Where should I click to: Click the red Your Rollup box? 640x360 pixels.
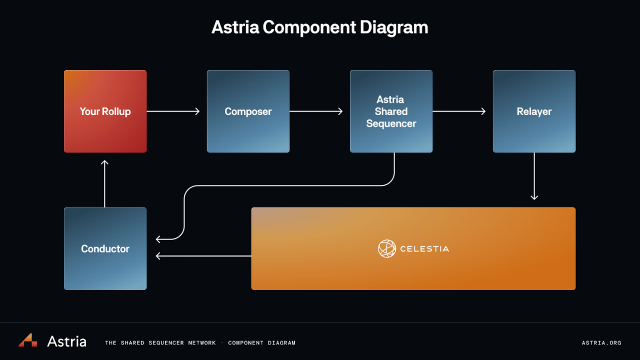point(105,111)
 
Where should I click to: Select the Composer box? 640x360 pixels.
point(248,111)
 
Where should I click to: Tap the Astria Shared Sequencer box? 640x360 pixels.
point(391,111)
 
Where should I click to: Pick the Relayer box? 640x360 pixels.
point(534,111)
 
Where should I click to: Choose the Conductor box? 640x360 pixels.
point(105,248)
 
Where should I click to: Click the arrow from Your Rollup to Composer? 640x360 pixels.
point(173,111)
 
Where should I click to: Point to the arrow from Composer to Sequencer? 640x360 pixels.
point(316,111)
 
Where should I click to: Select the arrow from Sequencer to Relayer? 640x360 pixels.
point(459,111)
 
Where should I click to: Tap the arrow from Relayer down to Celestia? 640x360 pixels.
point(534,176)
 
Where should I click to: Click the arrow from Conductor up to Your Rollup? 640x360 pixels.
point(104,183)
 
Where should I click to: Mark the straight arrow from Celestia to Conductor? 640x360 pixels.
point(203,256)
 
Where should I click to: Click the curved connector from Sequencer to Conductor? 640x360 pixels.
point(289,186)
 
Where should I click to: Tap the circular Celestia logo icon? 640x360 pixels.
point(387,248)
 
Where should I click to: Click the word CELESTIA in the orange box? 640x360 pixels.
point(424,249)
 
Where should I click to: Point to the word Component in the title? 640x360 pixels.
point(309,27)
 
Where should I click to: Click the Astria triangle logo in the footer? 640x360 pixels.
point(28,340)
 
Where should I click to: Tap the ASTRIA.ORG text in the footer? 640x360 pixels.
point(601,343)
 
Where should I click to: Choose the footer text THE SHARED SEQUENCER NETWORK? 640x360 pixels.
point(160,343)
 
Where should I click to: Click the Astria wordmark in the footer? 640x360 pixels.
point(67,341)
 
